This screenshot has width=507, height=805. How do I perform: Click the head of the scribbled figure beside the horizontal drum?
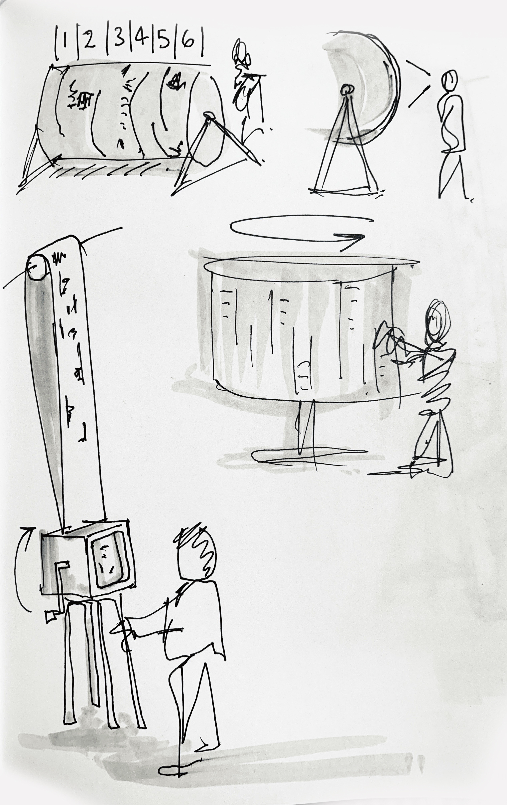pos(241,53)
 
